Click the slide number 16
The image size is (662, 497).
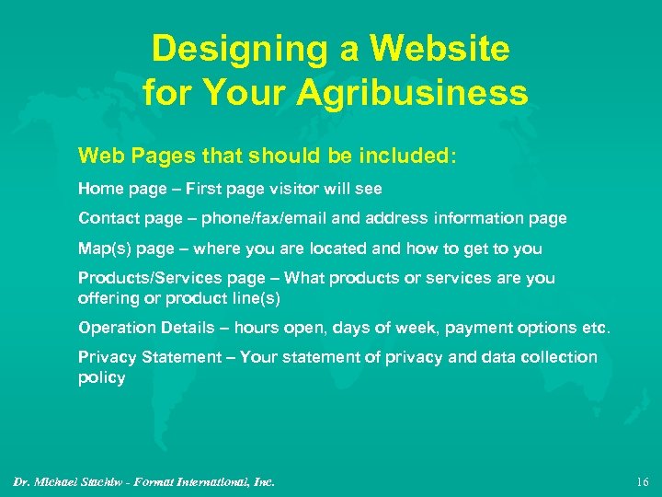(x=642, y=481)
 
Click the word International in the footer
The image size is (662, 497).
(x=208, y=481)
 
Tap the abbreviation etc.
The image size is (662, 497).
(x=595, y=328)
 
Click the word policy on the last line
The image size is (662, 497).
(x=101, y=377)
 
